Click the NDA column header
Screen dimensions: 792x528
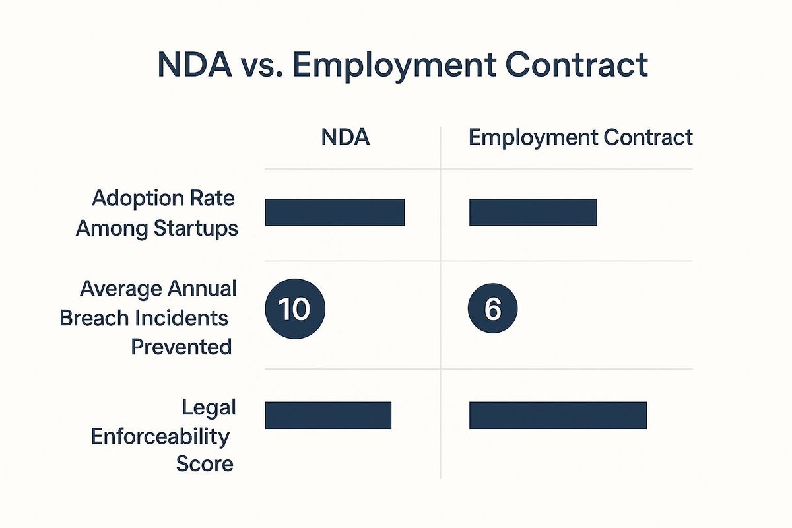[345, 137]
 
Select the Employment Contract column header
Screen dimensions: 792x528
[581, 138]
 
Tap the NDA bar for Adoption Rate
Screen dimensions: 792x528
[335, 213]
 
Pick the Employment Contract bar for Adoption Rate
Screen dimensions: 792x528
[533, 213]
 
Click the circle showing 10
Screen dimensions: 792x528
[295, 309]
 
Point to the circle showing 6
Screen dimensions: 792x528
[492, 308]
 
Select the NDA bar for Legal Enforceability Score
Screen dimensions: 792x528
[328, 415]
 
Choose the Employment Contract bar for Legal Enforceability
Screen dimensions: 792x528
[558, 415]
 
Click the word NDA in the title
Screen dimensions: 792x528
[195, 65]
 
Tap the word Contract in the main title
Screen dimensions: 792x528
[577, 65]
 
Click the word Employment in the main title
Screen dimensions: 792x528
[394, 67]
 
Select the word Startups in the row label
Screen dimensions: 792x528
[196, 229]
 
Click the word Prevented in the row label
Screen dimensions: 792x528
[181, 346]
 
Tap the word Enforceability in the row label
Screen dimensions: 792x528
[160, 437]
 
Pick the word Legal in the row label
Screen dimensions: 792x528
[209, 408]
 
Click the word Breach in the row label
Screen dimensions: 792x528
[94, 317]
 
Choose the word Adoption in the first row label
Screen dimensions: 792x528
[138, 199]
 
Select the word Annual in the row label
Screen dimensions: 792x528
[202, 288]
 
